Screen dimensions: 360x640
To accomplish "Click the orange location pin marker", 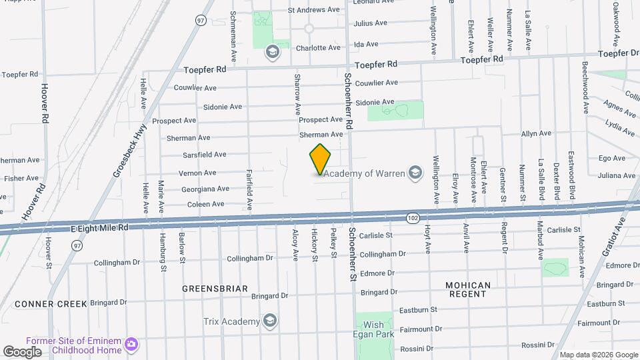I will coord(320,159).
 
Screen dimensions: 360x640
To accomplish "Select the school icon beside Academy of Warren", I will coord(415,173).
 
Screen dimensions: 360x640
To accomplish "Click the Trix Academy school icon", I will coord(270,322).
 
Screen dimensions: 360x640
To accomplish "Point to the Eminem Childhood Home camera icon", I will coord(132,345).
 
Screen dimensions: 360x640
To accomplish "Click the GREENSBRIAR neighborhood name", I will coord(215,289).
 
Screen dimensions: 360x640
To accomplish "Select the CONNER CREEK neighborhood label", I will coord(51,304).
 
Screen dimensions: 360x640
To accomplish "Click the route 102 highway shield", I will coord(413,218).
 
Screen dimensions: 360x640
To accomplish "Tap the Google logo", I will coord(22,351).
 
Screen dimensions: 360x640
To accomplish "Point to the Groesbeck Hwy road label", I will coord(130,151).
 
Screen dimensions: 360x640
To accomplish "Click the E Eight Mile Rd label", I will coord(99,227).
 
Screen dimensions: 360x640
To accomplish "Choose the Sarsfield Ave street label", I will coord(205,155).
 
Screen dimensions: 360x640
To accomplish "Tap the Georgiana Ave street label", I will coord(205,189).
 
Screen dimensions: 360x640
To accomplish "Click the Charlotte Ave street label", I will coord(318,48).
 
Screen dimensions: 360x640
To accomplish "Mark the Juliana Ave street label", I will coord(617,175).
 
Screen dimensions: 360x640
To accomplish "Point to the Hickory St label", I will coord(314,245).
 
